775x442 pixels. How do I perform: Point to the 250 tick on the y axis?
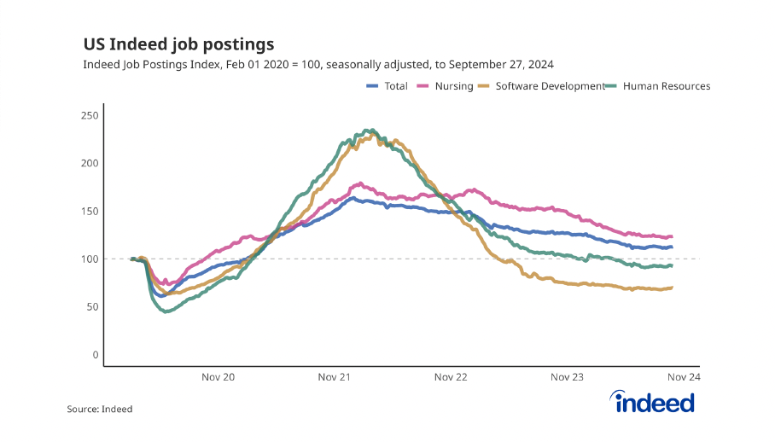point(90,115)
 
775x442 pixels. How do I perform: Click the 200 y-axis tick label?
point(90,163)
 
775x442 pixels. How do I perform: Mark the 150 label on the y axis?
point(90,211)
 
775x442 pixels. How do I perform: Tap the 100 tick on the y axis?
point(90,259)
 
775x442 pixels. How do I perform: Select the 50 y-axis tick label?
point(92,306)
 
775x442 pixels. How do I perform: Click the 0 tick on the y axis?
point(96,354)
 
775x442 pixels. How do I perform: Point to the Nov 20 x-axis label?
point(218,376)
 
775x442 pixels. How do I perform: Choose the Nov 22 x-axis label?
point(451,376)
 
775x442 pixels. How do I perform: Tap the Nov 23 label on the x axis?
point(567,376)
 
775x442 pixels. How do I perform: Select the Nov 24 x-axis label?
point(683,376)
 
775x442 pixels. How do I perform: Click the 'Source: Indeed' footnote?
point(100,410)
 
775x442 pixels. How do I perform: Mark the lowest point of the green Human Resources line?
point(166,311)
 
